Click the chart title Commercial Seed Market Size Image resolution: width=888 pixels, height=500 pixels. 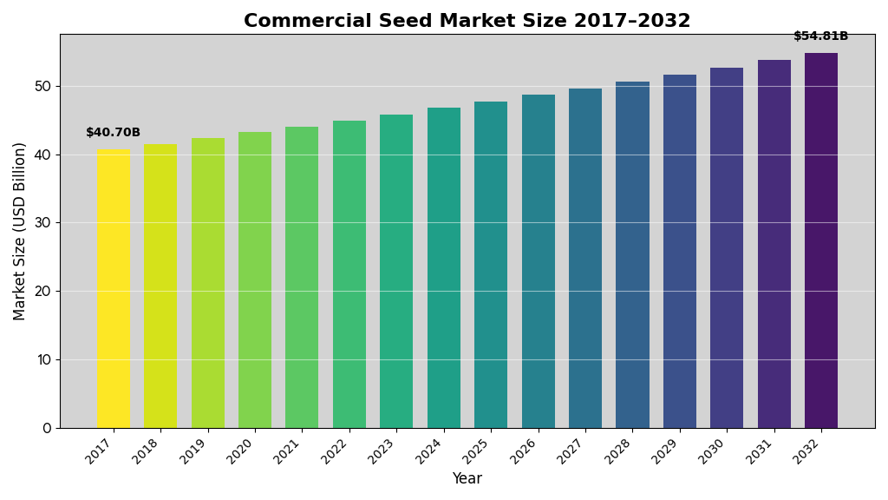point(467,21)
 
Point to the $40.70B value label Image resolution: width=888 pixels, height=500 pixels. point(113,133)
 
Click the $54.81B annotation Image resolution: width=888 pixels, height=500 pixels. point(820,36)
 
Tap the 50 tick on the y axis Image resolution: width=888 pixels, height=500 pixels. point(42,86)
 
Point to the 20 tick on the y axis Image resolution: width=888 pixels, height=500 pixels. point(42,291)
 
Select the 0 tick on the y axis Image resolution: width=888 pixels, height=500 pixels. point(47,428)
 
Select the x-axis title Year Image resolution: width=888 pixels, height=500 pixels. point(467,479)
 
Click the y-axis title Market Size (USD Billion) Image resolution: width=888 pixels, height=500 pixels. point(20,231)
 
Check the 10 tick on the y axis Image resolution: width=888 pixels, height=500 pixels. point(42,359)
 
